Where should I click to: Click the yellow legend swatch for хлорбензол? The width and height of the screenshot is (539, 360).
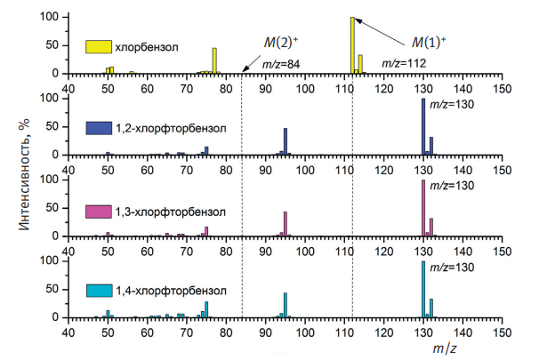click(x=98, y=46)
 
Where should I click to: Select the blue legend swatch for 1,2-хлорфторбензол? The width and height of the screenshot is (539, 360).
click(x=98, y=128)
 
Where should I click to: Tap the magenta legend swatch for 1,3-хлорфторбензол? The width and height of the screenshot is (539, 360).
click(x=98, y=212)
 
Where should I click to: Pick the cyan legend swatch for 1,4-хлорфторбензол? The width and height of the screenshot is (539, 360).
click(x=98, y=291)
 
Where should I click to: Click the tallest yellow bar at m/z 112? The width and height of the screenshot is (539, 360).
click(x=352, y=44)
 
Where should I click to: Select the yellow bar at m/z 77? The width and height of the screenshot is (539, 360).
click(x=214, y=60)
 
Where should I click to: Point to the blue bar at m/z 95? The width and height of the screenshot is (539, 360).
click(x=286, y=141)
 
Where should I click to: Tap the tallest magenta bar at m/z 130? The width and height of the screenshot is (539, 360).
click(x=423, y=208)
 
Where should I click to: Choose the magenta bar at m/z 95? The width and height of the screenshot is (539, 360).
click(x=286, y=224)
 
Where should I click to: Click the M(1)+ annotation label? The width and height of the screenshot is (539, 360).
click(x=429, y=41)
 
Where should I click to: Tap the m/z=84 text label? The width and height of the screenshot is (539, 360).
click(x=282, y=63)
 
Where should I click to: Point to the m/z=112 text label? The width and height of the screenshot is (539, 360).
click(x=406, y=63)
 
